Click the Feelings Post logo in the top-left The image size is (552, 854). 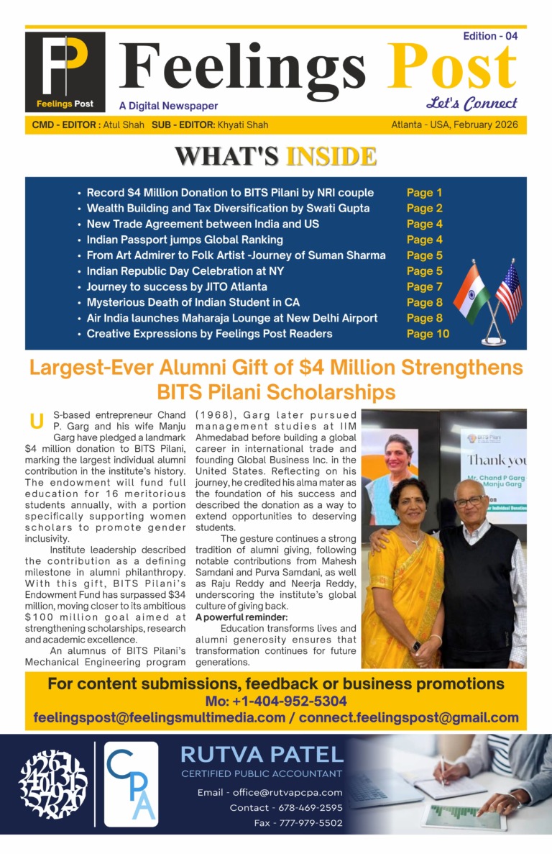(65, 71)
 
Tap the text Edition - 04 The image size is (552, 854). (490, 36)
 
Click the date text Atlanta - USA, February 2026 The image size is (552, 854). (459, 124)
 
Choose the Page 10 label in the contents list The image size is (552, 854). (428, 333)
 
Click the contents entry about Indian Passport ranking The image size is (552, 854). (185, 240)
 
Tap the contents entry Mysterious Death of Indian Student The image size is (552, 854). (193, 302)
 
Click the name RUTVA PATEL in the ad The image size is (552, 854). (262, 755)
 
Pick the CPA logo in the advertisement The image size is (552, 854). (131, 784)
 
